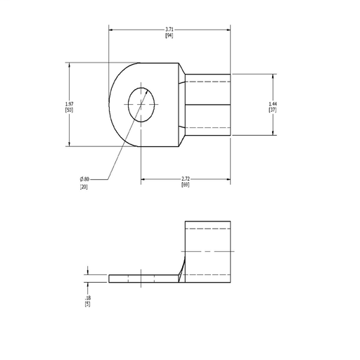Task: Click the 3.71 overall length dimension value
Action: coord(169,30)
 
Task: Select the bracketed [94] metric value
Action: coord(169,36)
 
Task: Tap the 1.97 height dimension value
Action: coord(69,104)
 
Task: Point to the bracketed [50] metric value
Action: coord(69,110)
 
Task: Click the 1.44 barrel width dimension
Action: coord(273,104)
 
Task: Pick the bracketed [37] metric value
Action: coord(273,110)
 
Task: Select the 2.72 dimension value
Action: coord(186,179)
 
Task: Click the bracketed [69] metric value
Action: coord(186,185)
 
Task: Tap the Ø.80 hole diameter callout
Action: coord(84,179)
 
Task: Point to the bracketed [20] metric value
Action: coord(84,187)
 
